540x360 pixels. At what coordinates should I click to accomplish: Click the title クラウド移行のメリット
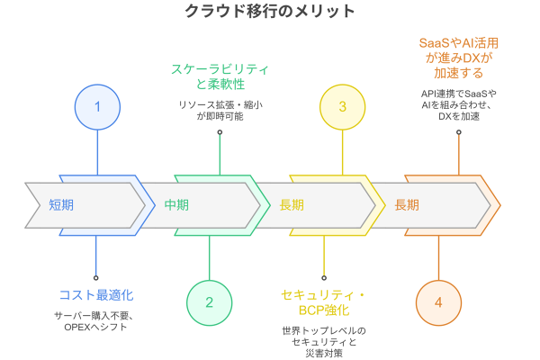(270, 12)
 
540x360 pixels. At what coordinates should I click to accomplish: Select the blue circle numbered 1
(96, 106)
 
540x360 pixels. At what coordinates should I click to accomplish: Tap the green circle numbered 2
(210, 302)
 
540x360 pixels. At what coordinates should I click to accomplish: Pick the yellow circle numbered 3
(342, 106)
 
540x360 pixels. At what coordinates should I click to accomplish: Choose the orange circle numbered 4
(438, 302)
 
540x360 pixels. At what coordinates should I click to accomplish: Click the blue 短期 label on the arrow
(62, 204)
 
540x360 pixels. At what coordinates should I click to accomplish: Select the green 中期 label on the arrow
(177, 204)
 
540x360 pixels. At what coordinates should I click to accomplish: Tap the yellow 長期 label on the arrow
(292, 204)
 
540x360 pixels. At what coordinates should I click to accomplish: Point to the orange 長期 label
(407, 204)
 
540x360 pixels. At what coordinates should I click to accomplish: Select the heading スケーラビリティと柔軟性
(220, 76)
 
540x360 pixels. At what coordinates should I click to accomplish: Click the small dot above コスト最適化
(96, 277)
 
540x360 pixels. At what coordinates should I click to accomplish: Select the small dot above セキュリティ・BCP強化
(324, 277)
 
